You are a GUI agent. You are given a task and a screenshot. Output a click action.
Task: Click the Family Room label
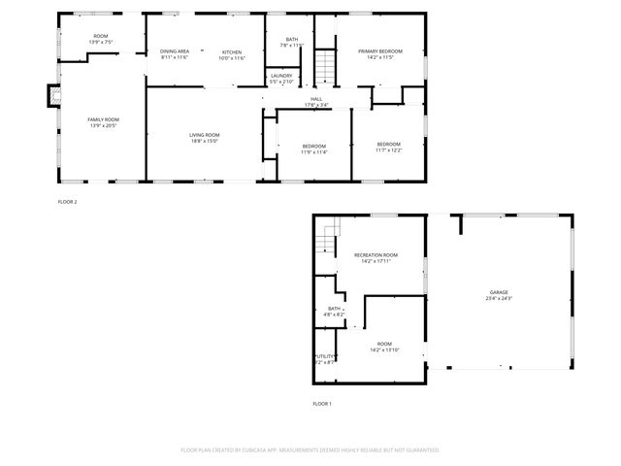point(103,119)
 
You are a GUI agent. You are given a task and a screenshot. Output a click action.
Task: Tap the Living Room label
point(205,135)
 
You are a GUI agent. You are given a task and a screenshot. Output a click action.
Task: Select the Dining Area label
point(175,51)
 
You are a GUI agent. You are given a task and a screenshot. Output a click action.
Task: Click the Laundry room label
point(281,76)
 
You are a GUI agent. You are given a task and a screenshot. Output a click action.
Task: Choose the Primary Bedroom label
point(379,51)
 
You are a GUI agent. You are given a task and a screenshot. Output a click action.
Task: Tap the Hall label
point(316,99)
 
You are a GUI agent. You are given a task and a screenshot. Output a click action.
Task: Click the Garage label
point(499,292)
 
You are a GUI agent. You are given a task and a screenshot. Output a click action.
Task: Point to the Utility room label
point(325,356)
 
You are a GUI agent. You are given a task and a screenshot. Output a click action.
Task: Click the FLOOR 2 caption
point(67,201)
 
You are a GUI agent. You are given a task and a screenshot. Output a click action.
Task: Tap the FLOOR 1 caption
point(322,403)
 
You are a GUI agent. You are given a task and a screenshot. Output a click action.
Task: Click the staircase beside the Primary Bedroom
point(326,65)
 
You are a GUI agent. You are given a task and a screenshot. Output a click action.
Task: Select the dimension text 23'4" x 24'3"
point(499,298)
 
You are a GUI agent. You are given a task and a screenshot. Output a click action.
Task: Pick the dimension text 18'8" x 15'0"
point(205,141)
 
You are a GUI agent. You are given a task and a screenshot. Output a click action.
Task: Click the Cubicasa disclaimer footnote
point(310,449)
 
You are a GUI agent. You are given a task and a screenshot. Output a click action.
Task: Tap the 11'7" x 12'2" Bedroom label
point(388,147)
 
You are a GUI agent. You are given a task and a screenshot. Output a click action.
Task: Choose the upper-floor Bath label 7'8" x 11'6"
point(292,43)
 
